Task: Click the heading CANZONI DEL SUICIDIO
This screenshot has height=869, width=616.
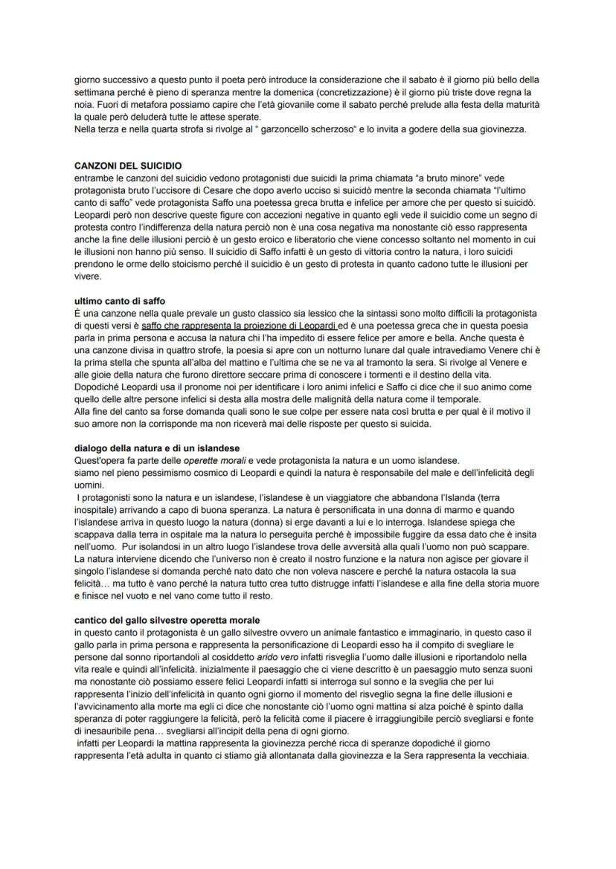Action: pos(128,165)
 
